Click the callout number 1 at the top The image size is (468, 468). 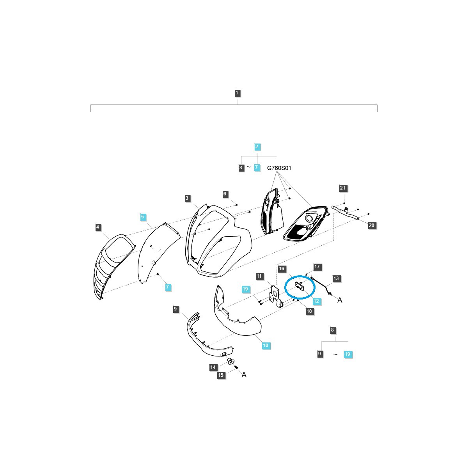pyautogui.click(x=237, y=93)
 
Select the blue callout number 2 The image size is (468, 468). pyautogui.click(x=257, y=147)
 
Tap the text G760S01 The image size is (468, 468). pyautogui.click(x=279, y=168)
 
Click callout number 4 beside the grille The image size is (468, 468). pyautogui.click(x=97, y=227)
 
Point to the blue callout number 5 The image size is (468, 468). pyautogui.click(x=143, y=216)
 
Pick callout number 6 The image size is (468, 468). pyautogui.click(x=225, y=193)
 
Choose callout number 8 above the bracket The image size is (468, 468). pyautogui.click(x=332, y=330)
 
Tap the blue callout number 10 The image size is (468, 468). pyautogui.click(x=266, y=345)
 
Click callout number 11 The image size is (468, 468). pyautogui.click(x=259, y=276)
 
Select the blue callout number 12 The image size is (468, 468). pyautogui.click(x=316, y=301)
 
